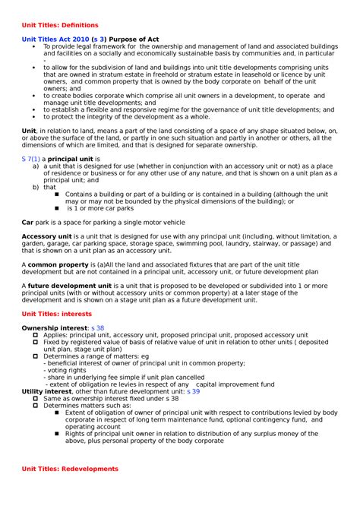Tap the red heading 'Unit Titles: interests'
[x=57, y=313]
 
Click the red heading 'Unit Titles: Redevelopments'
[x=70, y=469]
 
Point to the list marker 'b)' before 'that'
[x=36, y=186]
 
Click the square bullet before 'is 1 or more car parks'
[x=58, y=207]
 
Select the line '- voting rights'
[x=70, y=369]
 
